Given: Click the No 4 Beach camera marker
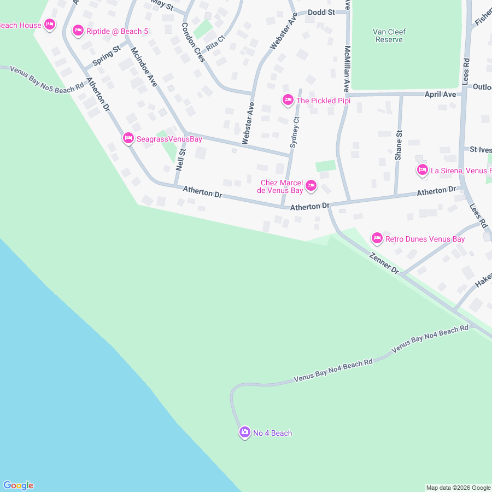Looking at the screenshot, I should [244, 432].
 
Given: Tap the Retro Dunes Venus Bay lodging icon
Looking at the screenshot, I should [377, 238].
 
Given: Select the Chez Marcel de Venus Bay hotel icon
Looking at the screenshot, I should [311, 186].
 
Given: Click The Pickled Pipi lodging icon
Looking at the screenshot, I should [288, 100].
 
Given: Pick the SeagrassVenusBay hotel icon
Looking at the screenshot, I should [128, 139].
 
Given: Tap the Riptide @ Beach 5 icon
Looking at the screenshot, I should [78, 31].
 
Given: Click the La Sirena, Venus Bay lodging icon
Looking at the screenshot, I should [422, 171].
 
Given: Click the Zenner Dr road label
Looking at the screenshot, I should [384, 263].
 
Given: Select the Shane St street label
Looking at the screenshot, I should [399, 145].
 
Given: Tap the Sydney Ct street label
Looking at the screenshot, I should [295, 132].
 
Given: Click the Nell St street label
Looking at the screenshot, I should [181, 159].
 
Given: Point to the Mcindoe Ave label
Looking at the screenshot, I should [144, 67].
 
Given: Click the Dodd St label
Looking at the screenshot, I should [321, 12].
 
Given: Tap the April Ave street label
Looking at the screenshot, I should [440, 95].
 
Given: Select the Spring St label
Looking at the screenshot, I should [106, 56].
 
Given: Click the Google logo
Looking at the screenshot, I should [18, 485].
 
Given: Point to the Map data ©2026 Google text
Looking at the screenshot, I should [458, 488].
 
